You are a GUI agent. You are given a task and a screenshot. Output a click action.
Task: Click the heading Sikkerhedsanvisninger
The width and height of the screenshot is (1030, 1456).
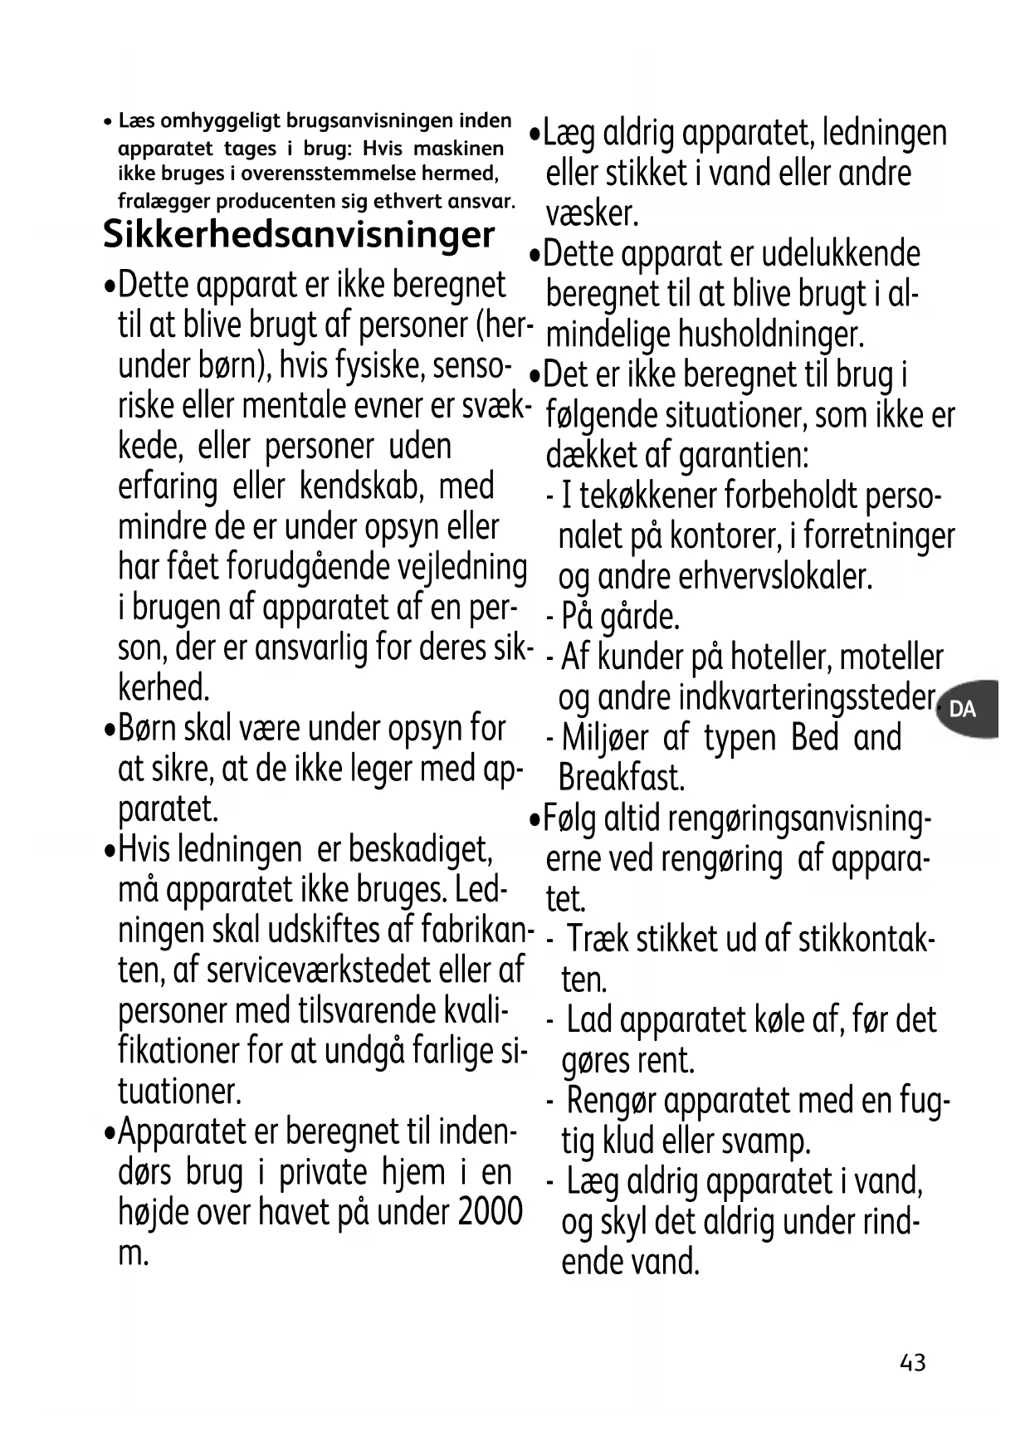(x=299, y=235)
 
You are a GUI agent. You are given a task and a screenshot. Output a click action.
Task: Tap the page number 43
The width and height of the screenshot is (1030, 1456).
(x=912, y=1363)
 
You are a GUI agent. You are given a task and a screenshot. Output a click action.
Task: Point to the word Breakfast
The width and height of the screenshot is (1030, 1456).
(x=622, y=779)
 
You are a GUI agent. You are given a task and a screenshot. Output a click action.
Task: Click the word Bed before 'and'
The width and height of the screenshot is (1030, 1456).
(x=814, y=738)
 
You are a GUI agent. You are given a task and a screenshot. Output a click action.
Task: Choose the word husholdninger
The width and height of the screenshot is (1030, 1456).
(x=771, y=335)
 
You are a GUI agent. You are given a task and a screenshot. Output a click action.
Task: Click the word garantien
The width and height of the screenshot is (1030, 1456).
(x=743, y=456)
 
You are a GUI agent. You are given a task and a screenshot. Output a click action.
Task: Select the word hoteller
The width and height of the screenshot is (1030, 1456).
(x=779, y=657)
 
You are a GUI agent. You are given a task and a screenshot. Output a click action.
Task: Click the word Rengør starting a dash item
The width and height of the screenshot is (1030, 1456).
(x=612, y=1102)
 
